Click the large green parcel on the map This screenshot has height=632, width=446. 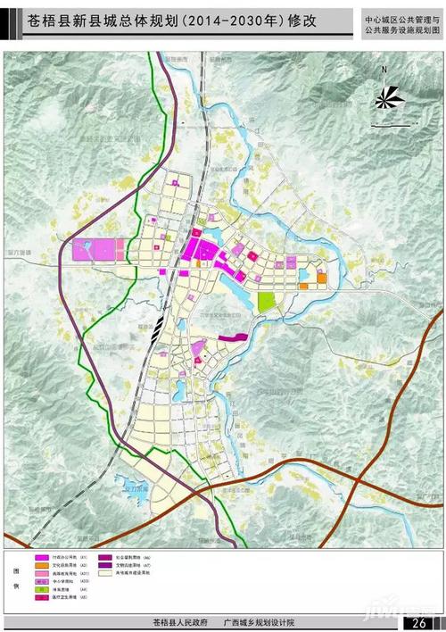pos(266,301)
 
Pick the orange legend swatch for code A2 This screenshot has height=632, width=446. pos(42,566)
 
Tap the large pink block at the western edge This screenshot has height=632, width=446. pos(97,251)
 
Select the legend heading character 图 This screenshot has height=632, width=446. pos(14,569)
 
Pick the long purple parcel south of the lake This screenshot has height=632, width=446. pos(230,337)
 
